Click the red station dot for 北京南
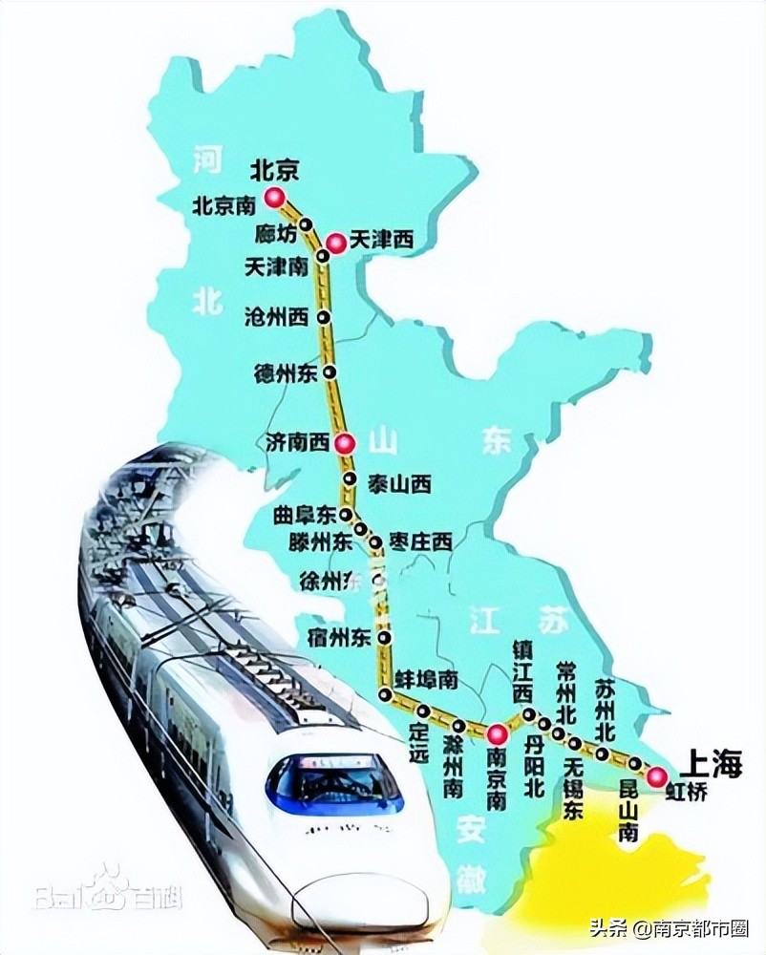point(275,198)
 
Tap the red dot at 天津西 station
point(335,244)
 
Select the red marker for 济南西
point(348,442)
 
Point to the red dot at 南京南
point(497,733)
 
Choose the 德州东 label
point(285,371)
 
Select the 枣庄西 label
point(418,541)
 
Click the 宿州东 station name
point(339,635)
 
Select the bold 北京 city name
point(275,169)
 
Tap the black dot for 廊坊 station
point(307,224)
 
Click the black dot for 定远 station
point(422,711)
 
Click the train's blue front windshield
point(334,781)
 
